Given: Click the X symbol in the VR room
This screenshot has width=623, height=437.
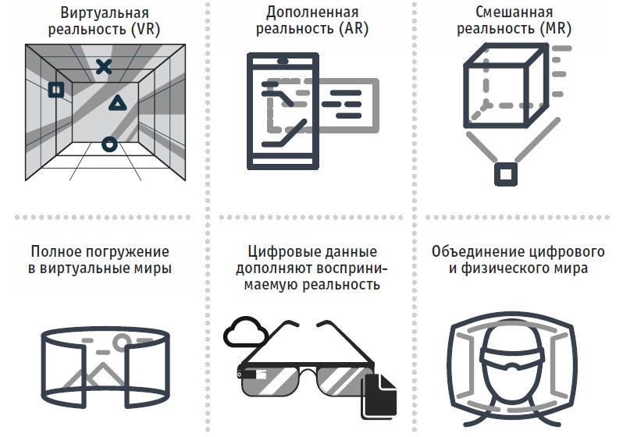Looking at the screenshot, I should coord(103,67).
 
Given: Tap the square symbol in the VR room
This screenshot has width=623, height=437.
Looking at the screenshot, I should coord(56,90).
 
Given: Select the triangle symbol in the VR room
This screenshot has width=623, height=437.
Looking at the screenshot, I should coord(116,103).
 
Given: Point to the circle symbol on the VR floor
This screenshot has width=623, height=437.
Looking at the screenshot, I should coord(109,144).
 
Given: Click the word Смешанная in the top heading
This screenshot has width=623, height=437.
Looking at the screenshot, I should coord(514,12).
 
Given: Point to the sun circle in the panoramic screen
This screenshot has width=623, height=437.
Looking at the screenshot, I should coord(122,342).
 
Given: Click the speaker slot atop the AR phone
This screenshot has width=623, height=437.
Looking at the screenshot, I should coord(283,60).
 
